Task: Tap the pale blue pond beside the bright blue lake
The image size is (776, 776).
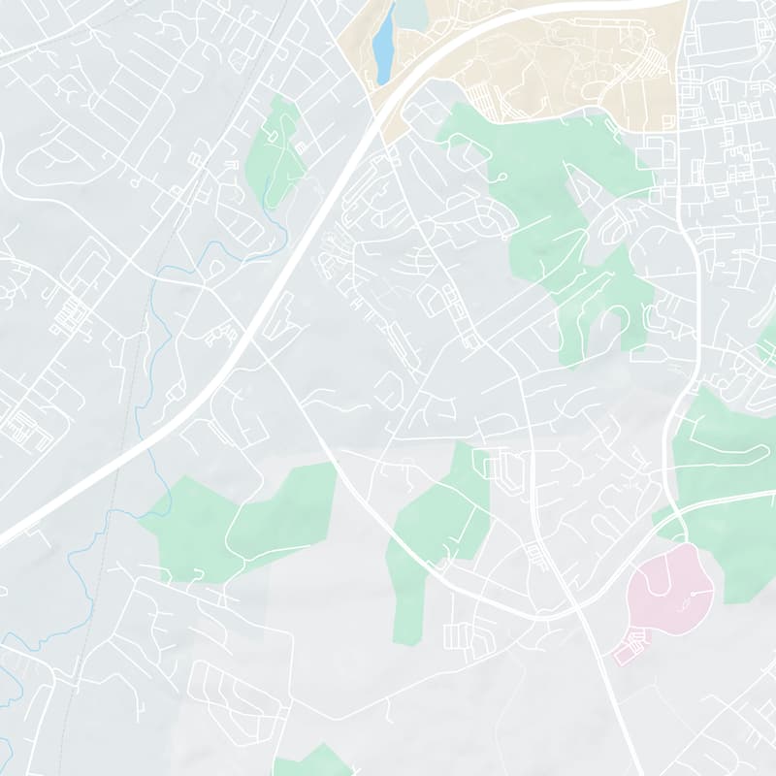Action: (x=411, y=14)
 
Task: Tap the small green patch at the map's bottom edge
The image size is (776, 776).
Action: (x=312, y=762)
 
